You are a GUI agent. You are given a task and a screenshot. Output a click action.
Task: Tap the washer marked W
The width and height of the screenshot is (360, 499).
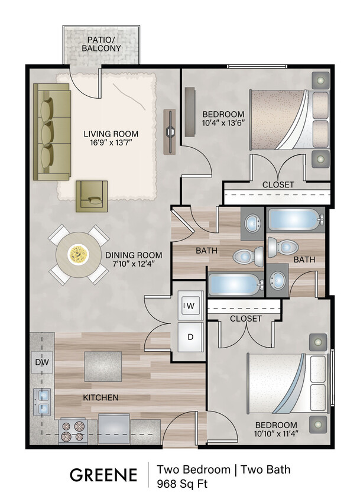[x=191, y=306]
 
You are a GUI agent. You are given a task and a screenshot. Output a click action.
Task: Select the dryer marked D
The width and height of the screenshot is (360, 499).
[x=191, y=336]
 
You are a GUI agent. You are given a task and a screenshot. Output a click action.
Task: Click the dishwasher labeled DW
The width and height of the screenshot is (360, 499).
[x=41, y=362]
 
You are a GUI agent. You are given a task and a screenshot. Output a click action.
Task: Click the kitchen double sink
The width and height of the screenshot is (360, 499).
[x=42, y=402]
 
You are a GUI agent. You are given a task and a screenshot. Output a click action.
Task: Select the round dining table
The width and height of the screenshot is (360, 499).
[x=77, y=255]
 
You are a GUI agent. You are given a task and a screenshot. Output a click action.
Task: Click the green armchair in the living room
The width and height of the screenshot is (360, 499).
[x=92, y=195]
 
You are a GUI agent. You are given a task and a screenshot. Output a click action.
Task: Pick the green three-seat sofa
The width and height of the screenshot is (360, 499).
[x=52, y=131]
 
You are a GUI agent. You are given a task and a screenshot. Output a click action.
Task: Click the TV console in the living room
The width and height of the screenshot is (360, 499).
[x=170, y=131]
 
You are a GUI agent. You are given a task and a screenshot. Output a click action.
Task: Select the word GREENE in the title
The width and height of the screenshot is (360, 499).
[x=104, y=475]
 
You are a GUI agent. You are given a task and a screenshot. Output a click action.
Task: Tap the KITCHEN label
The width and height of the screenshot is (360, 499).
[x=100, y=397]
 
